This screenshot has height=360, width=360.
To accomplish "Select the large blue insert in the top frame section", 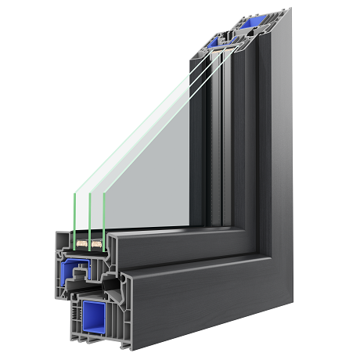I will pos(253,21).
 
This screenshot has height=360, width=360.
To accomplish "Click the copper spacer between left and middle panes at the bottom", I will pos(81,245).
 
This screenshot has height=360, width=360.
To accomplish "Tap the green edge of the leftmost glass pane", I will pos(74,211).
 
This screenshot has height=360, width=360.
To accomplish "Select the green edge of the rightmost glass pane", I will pos(104,211).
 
